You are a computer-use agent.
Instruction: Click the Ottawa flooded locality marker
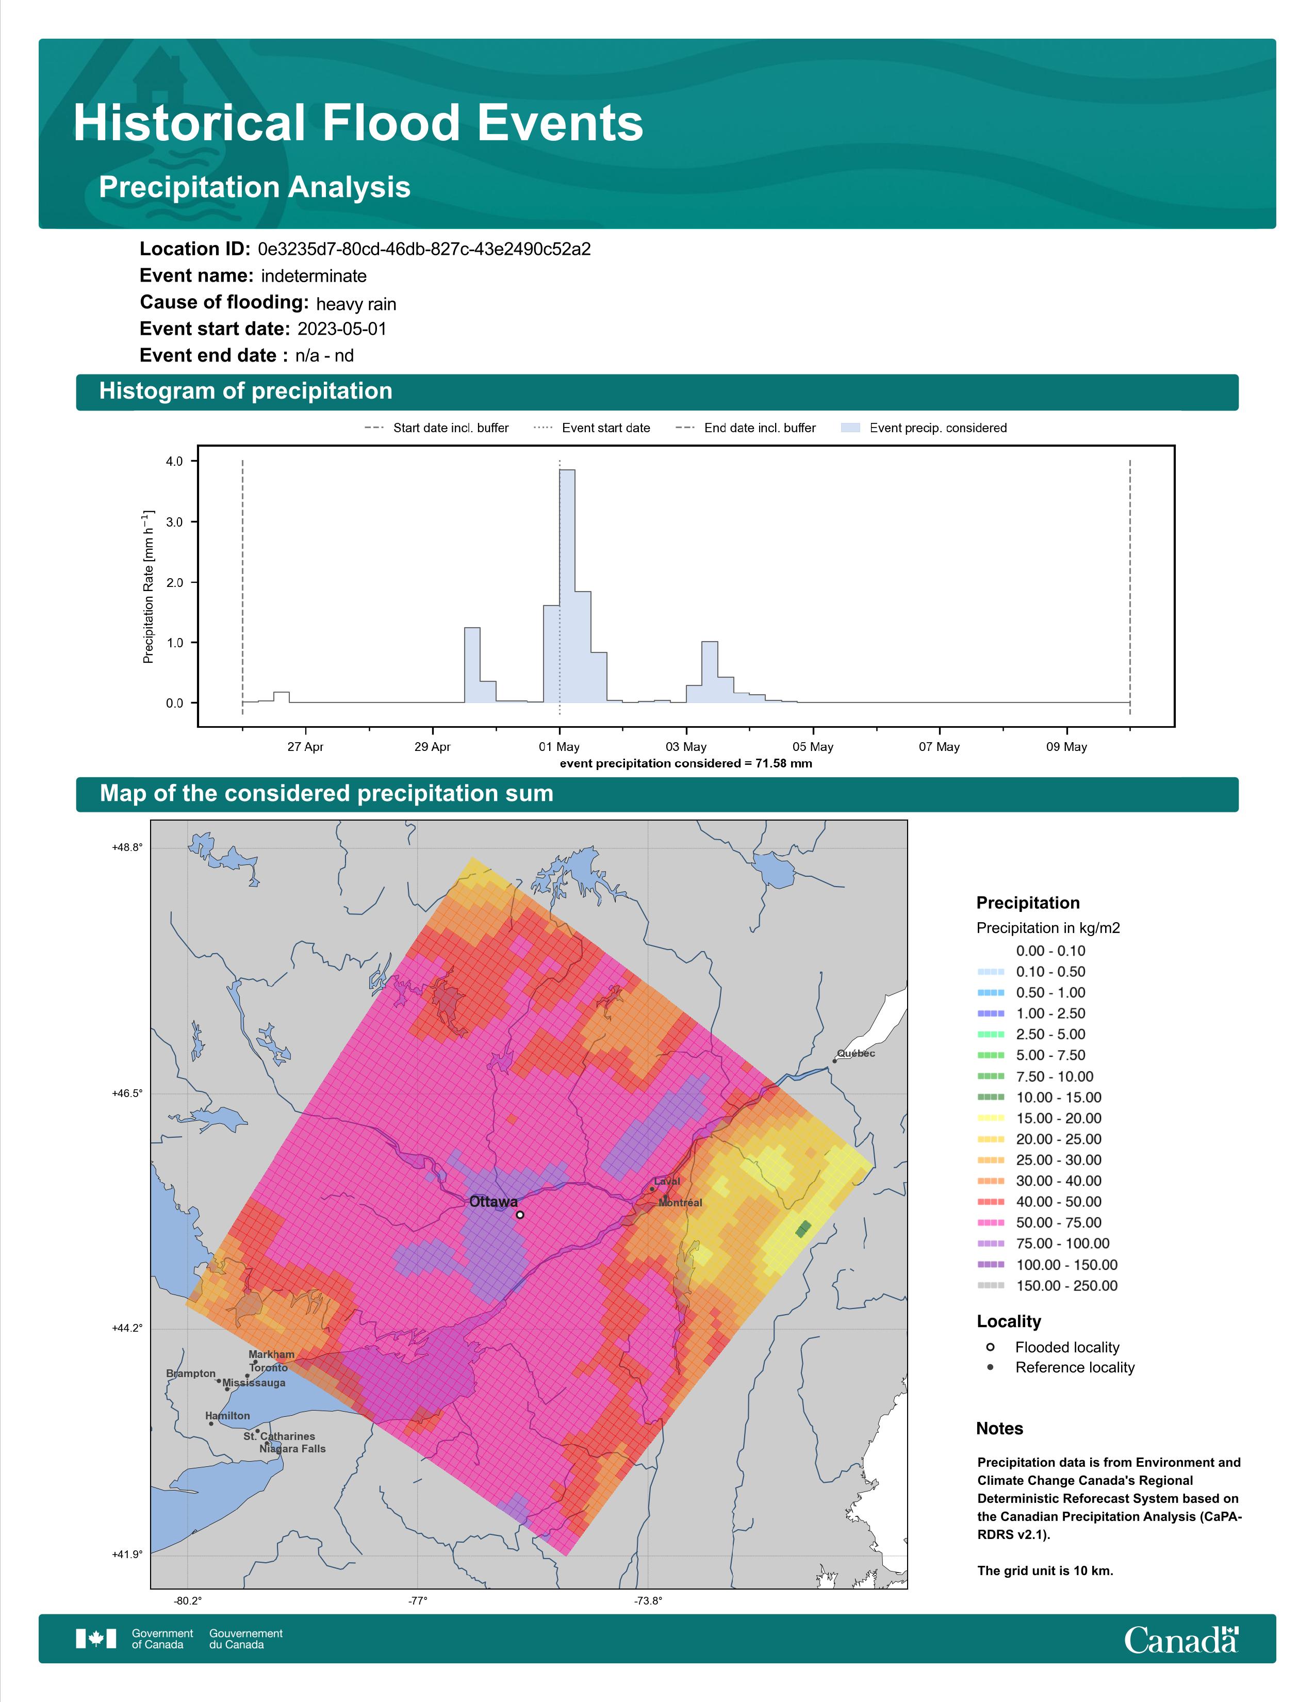(520, 1214)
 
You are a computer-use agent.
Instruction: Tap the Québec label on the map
(856, 1054)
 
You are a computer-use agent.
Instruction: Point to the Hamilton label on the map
(227, 1415)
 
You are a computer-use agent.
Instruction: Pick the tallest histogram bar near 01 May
(567, 586)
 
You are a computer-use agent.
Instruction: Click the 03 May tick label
(685, 747)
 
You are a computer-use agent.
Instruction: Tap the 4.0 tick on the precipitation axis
(174, 462)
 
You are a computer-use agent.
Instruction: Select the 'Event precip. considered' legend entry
(924, 428)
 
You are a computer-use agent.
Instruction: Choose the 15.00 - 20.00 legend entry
(1039, 1118)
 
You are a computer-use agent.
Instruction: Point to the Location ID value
(424, 250)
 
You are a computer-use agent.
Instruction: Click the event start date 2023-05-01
(341, 329)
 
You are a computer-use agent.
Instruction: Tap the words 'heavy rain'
(356, 304)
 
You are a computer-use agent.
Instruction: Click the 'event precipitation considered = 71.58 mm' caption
(685, 764)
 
